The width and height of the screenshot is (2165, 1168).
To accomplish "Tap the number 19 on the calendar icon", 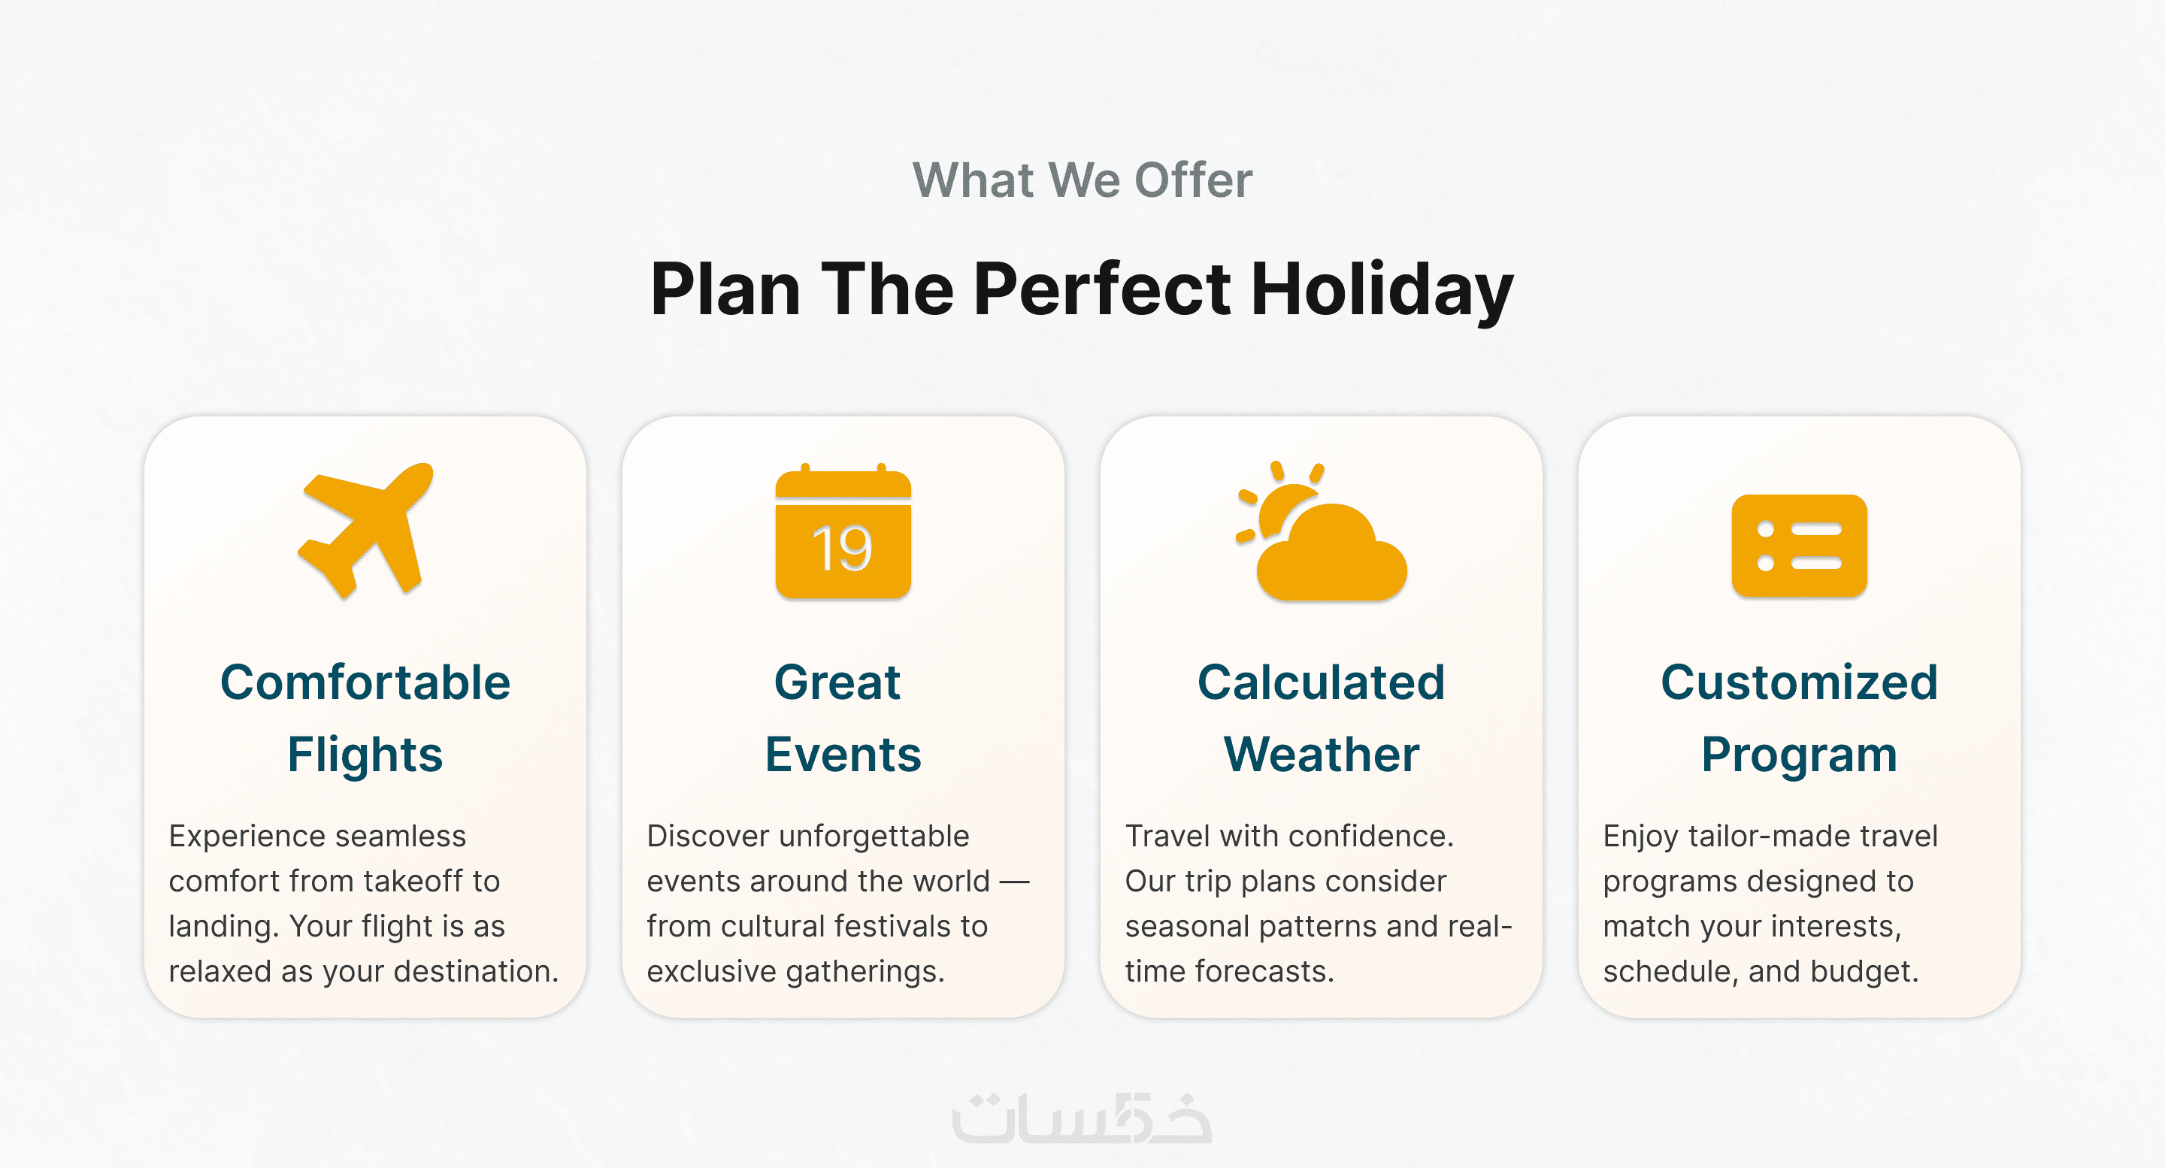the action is [842, 549].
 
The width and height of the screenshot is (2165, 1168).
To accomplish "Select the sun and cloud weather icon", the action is [1322, 531].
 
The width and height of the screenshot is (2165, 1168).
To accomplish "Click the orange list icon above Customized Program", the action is [1800, 546].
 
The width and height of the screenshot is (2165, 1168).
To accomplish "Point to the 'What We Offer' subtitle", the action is [1082, 180].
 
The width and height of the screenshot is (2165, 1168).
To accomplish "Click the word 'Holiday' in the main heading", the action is [1382, 290].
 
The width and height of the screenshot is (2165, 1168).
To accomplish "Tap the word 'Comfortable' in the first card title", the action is [365, 682].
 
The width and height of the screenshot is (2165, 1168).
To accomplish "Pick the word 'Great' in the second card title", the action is [837, 682].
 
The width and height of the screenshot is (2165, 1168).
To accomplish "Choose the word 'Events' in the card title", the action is [843, 755].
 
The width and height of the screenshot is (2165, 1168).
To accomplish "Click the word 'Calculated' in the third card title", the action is [1322, 682].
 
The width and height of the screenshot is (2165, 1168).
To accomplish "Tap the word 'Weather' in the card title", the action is [1322, 755].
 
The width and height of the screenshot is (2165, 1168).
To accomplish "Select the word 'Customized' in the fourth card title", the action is [1800, 682].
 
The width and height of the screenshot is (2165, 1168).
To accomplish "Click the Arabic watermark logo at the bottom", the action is [1082, 1118].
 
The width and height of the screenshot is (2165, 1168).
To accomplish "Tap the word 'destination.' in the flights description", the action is [476, 971].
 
